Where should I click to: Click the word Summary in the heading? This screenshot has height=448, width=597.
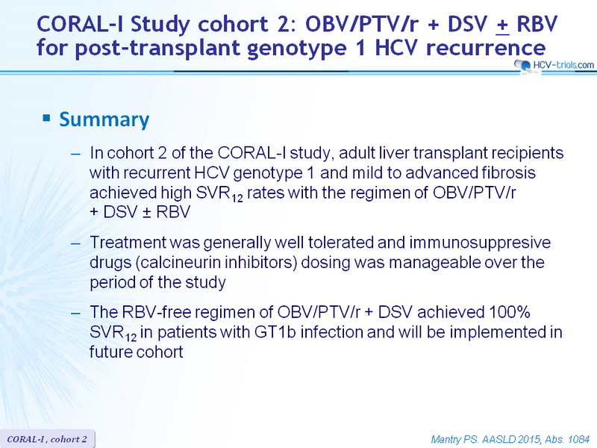coord(104,119)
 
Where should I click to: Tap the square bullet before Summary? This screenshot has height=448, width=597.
coord(46,118)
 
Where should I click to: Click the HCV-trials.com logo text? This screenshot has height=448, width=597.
coord(563,65)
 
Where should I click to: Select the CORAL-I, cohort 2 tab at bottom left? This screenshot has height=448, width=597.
coord(47,439)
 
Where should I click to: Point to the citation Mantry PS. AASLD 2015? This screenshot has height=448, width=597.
coord(484,440)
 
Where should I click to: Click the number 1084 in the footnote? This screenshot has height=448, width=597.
coord(578,440)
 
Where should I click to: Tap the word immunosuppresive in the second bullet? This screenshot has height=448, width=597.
coord(480,243)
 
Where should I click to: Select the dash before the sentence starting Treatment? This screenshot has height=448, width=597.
coord(76,243)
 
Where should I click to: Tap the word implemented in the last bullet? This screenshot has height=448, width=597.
coord(497,332)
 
